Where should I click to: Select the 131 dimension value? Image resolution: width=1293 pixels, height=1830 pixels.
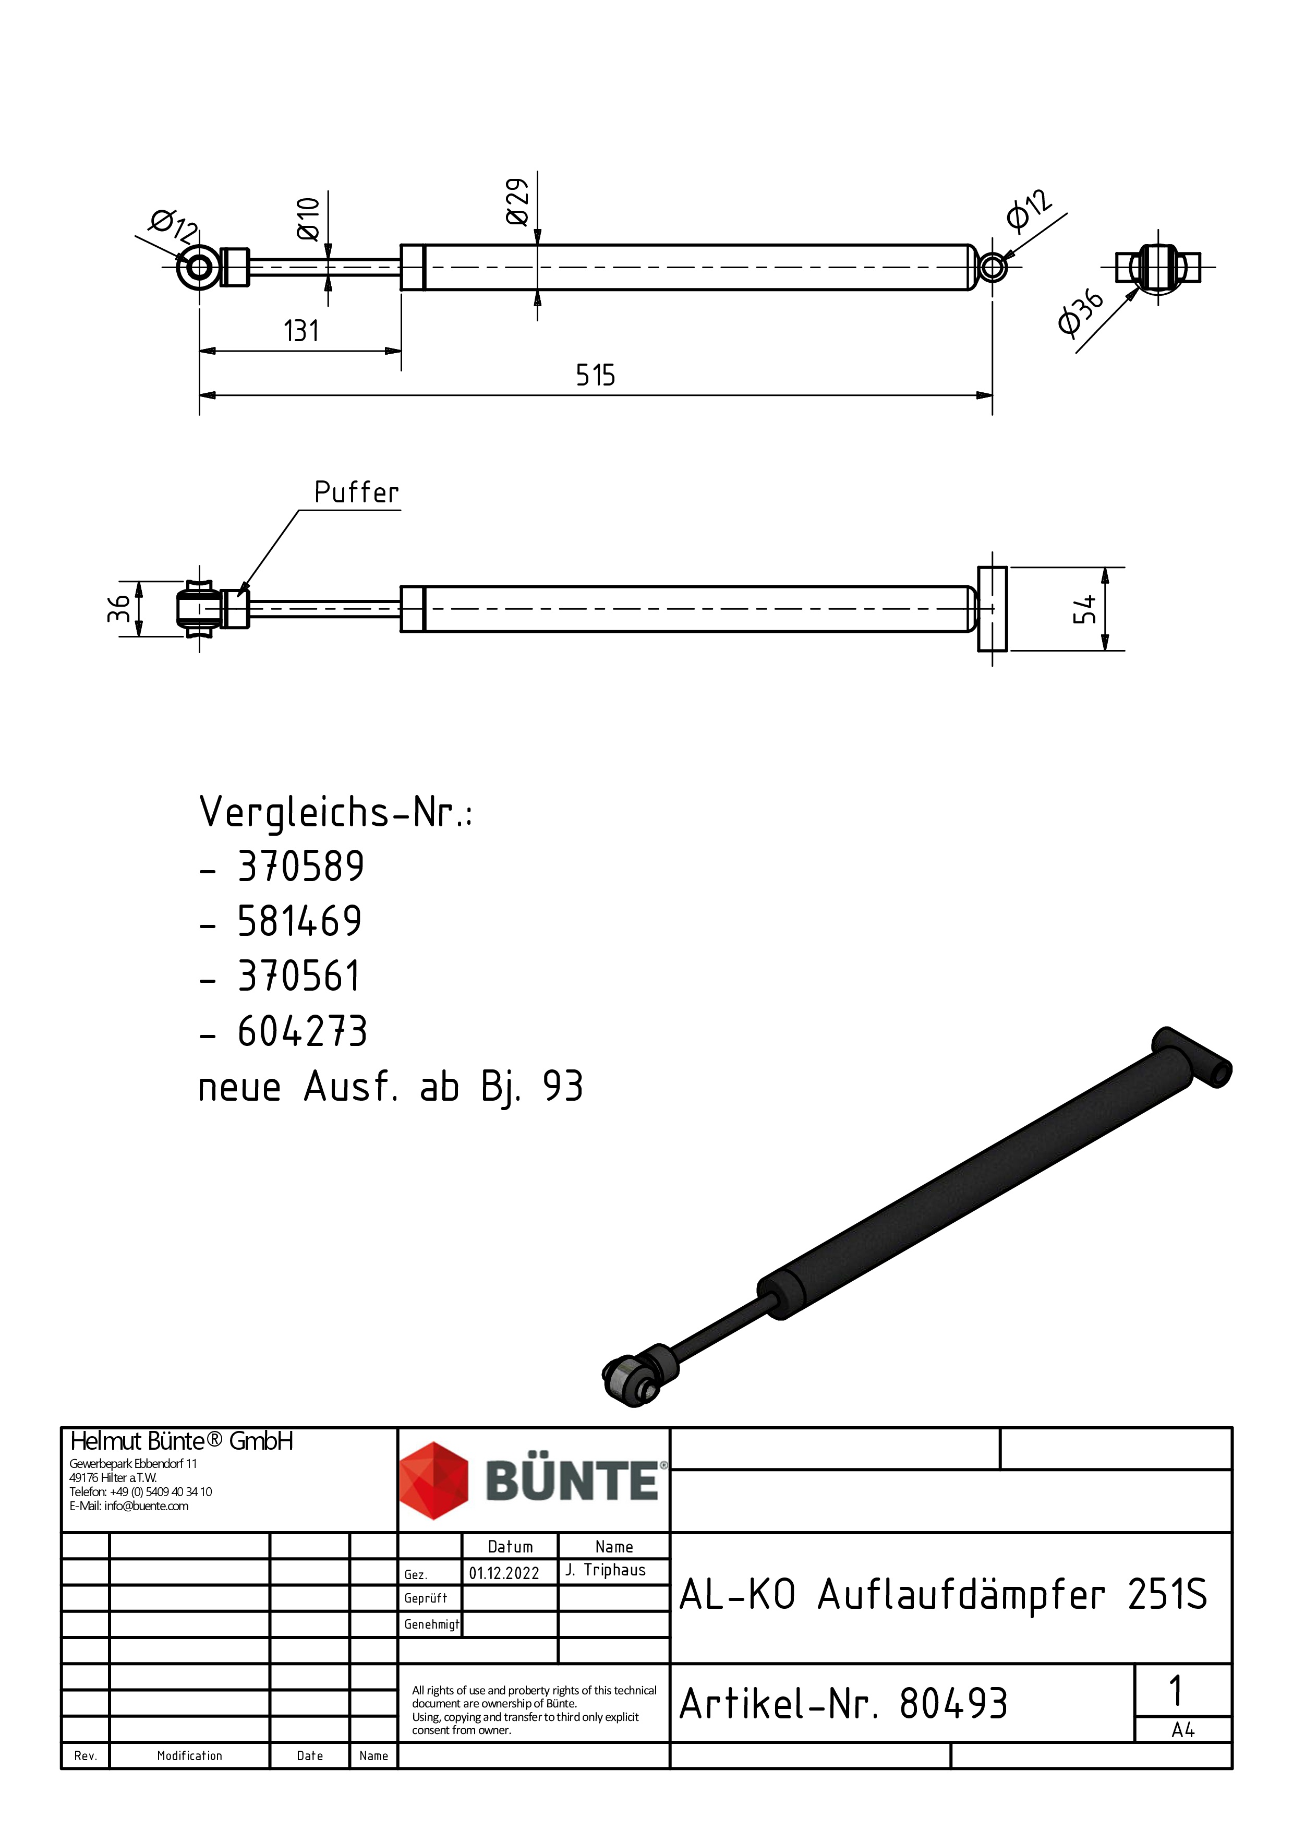click(x=301, y=331)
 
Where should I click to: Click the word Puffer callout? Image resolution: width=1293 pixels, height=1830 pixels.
click(x=356, y=492)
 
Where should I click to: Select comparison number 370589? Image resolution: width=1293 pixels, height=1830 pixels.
click(x=301, y=866)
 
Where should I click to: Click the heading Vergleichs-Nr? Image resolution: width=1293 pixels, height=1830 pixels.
click(x=335, y=812)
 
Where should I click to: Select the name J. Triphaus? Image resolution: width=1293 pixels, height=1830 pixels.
click(x=606, y=1570)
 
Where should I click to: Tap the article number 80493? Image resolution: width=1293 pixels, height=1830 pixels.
click(x=953, y=1705)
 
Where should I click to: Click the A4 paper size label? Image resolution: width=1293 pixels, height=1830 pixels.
click(x=1182, y=1730)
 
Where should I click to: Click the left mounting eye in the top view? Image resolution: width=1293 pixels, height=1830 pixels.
click(x=198, y=267)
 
